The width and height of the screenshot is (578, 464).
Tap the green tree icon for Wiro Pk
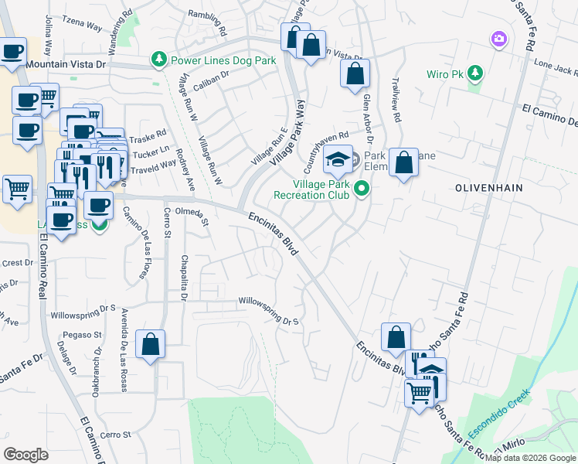pos(477,74)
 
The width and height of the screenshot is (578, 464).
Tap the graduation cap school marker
pos(338,159)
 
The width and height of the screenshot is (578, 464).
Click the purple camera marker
pos(498,38)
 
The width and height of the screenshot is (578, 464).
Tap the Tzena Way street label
pos(83,26)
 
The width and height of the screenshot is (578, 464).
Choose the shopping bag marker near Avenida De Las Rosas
pos(151,344)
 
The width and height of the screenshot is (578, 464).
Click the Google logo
pos(26,455)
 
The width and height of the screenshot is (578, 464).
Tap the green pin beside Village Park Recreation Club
pos(361,188)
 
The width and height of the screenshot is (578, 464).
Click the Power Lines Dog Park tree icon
pos(160,60)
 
